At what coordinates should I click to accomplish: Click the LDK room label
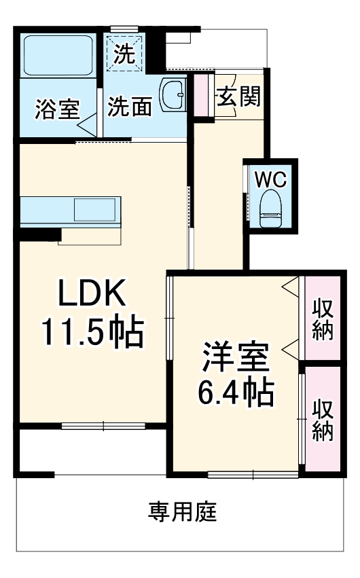(x=92, y=294)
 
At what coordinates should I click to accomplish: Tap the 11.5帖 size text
(x=92, y=332)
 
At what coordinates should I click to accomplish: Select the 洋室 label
(x=235, y=357)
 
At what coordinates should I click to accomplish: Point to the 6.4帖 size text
(x=235, y=392)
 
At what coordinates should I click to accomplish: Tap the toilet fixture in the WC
(x=271, y=208)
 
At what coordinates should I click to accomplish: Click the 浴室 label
(x=57, y=109)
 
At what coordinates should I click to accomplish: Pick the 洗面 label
(x=130, y=107)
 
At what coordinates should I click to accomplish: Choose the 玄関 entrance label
(x=238, y=97)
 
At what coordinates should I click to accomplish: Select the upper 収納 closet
(x=322, y=319)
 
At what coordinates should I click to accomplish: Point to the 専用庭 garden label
(x=183, y=511)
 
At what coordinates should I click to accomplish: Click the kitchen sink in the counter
(x=95, y=210)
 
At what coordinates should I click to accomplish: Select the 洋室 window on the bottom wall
(x=252, y=473)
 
